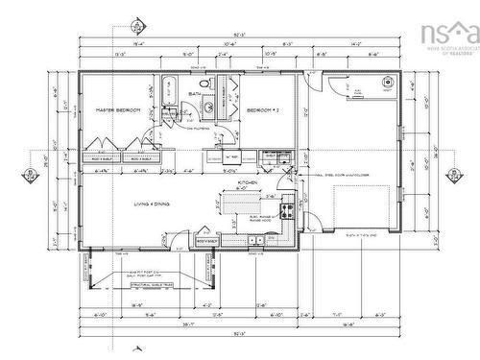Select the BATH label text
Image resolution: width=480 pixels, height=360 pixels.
pyautogui.click(x=195, y=94)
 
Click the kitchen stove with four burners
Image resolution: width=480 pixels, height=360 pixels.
pyautogui.click(x=285, y=208)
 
